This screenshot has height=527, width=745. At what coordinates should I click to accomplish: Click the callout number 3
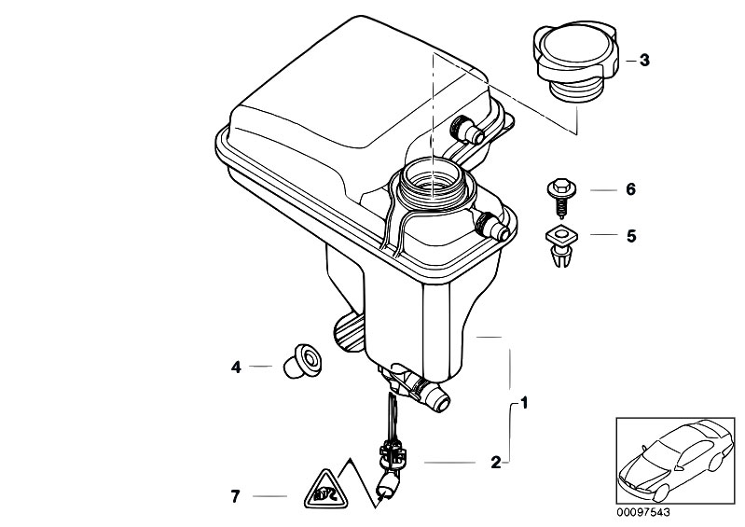(644, 61)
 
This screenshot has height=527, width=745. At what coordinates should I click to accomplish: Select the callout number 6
(630, 189)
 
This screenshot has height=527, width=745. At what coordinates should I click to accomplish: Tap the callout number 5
(630, 236)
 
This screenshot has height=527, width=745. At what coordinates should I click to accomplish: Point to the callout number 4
(237, 368)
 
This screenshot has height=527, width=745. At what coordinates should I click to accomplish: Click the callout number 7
(236, 497)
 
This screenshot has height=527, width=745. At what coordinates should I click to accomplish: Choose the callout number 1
(524, 404)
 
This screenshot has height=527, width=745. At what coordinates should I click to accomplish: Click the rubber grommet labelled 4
(302, 361)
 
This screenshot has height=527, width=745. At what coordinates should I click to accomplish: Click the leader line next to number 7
(270, 497)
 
